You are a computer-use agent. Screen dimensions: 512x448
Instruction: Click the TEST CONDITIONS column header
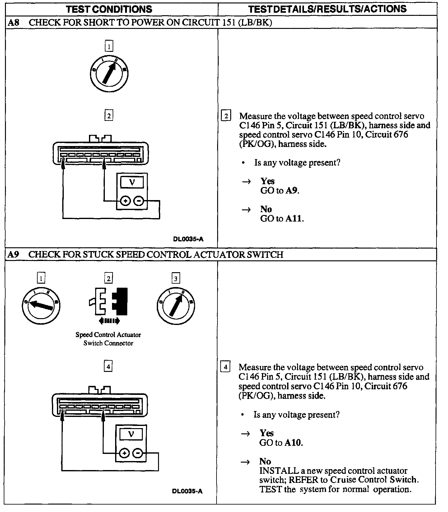pos(109,9)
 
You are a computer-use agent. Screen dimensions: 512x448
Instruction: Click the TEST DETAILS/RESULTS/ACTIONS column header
pos(327,9)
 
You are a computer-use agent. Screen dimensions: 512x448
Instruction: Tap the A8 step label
pos(13,23)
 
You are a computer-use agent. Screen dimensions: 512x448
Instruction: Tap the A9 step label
pos(13,255)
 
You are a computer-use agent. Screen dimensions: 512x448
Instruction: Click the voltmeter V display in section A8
pos(132,182)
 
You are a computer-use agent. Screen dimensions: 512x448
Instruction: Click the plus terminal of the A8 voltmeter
pos(125,201)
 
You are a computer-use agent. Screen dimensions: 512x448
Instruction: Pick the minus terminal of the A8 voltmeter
pos(139,201)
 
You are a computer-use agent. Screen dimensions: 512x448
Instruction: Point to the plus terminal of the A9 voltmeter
pos(124,453)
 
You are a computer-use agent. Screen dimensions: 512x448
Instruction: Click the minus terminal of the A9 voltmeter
pos(138,453)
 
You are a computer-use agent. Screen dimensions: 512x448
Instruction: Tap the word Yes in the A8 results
pos(268,181)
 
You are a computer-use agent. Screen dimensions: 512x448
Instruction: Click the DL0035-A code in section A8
pos(188,239)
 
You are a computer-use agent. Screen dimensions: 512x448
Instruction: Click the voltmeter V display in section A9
pos(131,434)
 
